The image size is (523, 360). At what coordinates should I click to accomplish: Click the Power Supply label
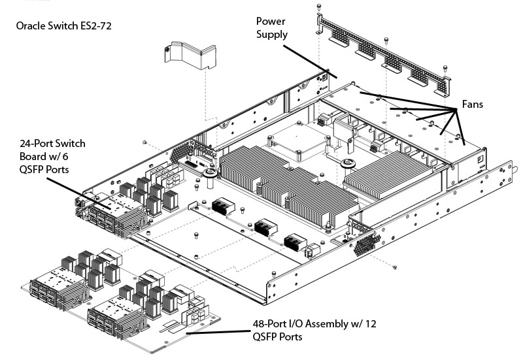(x=272, y=28)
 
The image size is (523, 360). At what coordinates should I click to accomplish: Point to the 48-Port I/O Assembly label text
(x=314, y=329)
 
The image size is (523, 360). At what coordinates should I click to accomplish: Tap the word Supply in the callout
(x=272, y=34)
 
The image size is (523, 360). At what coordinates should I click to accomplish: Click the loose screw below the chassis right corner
(x=395, y=267)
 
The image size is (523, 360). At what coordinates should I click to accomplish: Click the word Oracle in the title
(x=33, y=27)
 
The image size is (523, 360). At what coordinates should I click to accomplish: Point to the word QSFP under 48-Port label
(x=268, y=336)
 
